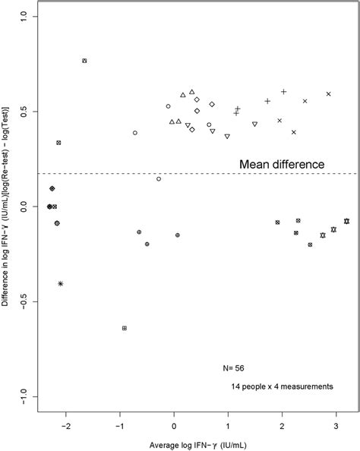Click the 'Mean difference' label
283,163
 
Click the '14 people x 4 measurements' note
282,386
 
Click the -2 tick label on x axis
65,427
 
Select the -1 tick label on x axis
119,427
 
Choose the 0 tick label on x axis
174,427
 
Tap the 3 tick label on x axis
336,427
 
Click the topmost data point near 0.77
84,61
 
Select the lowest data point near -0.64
124,328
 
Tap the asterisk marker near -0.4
61,283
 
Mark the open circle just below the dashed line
159,178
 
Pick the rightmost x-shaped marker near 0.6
329,93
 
